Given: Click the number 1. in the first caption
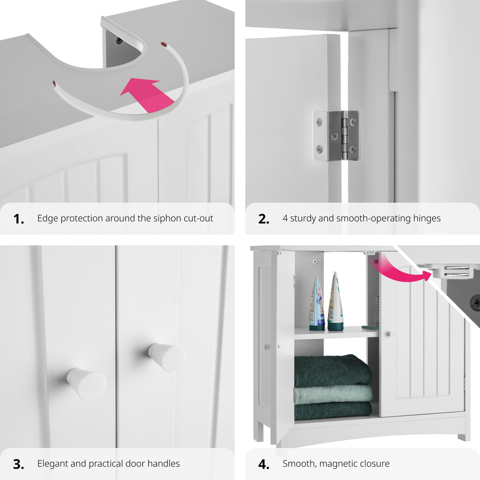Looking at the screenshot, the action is [18, 219].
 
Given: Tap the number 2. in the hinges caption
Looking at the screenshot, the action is [264, 219].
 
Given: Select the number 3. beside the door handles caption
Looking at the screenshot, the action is [18, 464].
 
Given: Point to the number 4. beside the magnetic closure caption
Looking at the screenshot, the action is [264, 464].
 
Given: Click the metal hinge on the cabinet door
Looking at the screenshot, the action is [336, 136].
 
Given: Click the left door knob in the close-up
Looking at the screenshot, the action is [86, 384].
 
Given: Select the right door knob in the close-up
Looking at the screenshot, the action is [167, 357].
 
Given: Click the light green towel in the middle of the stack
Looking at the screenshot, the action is [333, 394].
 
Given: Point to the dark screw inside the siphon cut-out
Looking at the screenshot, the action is [119, 40].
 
